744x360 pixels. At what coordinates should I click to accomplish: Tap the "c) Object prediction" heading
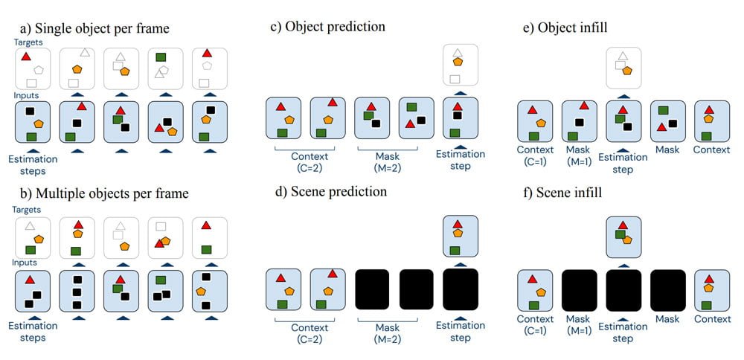pos(327,27)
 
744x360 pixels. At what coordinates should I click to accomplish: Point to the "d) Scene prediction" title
pos(328,192)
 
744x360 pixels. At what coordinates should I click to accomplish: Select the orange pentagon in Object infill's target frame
pos(629,71)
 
